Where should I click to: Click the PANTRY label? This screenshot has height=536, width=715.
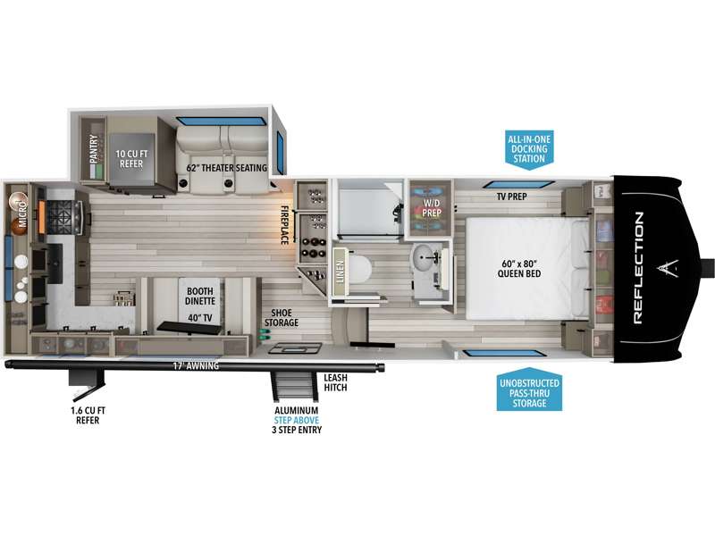(x=94, y=148)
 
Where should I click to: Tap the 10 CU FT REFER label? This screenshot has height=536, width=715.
(x=131, y=159)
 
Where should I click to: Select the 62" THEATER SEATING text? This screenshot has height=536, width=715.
(x=227, y=168)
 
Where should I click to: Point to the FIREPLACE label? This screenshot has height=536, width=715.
(x=284, y=225)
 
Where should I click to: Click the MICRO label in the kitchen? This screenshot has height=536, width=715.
(x=22, y=214)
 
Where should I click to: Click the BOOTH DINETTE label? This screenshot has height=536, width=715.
(x=200, y=296)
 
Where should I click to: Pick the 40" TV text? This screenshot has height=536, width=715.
(x=200, y=318)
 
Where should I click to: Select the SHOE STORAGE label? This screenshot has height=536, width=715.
(x=282, y=318)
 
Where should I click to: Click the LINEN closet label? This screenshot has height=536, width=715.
(x=340, y=272)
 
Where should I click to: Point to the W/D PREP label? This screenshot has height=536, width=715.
(x=432, y=208)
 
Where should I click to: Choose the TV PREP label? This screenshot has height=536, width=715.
(x=511, y=197)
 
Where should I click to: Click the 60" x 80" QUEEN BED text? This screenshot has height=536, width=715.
(x=519, y=269)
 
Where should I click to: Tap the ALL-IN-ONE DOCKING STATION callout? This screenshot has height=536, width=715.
(x=529, y=149)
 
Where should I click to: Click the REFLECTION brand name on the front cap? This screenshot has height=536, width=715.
(x=638, y=268)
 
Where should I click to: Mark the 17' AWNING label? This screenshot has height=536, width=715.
(x=196, y=365)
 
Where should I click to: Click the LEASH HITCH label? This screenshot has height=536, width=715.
(x=336, y=382)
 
